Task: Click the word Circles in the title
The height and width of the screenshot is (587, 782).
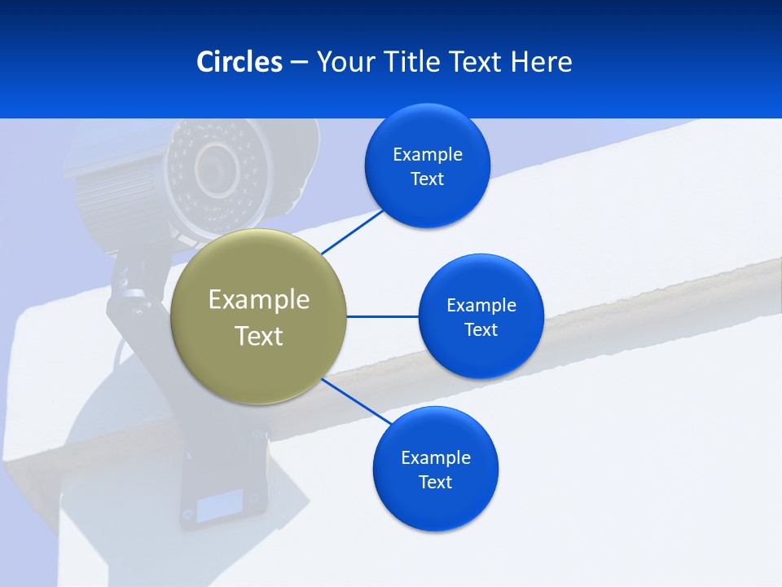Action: click(239, 62)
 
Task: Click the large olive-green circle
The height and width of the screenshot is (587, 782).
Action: click(258, 359)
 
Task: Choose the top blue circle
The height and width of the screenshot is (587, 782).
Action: click(428, 200)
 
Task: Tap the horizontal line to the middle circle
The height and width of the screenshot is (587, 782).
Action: click(382, 316)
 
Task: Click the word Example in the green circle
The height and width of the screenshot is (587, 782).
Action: click(258, 299)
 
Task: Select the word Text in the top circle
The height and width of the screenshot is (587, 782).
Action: click(427, 179)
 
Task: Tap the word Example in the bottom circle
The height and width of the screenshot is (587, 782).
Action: click(435, 457)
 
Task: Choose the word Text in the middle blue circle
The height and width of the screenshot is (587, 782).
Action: click(481, 330)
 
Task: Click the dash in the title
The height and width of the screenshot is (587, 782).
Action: click(298, 62)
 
